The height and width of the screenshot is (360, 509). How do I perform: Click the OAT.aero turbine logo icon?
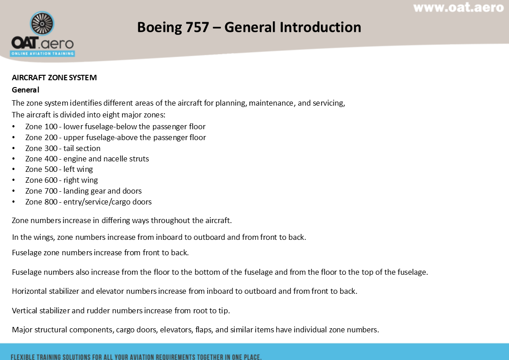click(x=42, y=24)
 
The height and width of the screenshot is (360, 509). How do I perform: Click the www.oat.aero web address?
click(x=458, y=8)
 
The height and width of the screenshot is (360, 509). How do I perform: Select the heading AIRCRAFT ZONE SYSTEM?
click(x=54, y=78)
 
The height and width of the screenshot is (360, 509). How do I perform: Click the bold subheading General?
click(x=25, y=90)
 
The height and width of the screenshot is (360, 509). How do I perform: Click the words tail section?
click(x=82, y=148)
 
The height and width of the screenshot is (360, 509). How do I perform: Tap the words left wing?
click(x=78, y=169)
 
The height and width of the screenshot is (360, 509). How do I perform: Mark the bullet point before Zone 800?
click(x=14, y=202)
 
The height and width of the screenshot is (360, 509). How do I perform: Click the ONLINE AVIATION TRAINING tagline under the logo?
click(x=43, y=54)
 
